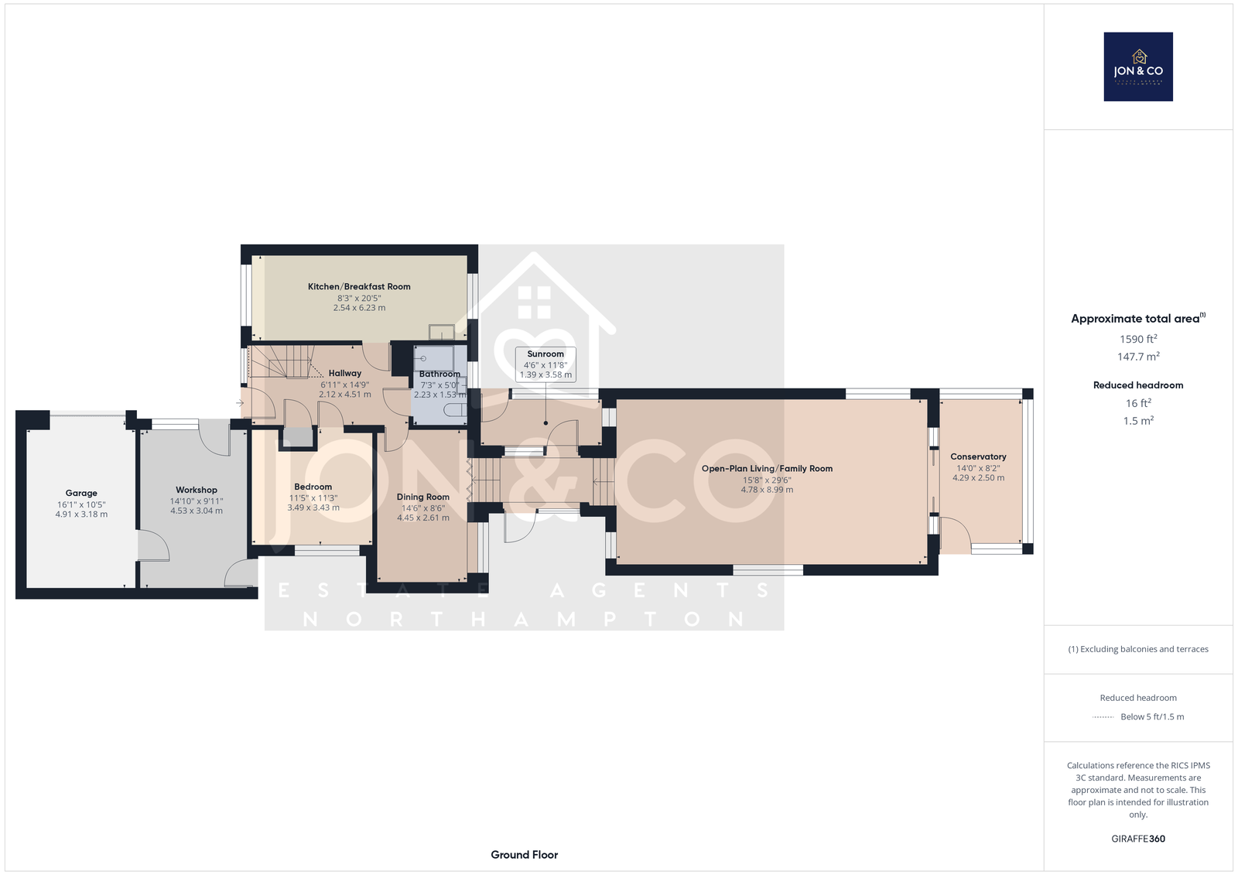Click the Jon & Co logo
tap(1138, 67)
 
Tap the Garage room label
tap(81, 493)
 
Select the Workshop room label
tap(197, 490)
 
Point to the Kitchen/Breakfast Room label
tap(359, 286)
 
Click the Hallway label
tap(345, 373)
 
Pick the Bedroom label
tap(313, 487)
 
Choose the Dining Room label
tap(422, 497)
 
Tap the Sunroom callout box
tap(545, 364)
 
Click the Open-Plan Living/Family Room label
tap(767, 468)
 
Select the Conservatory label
tap(978, 456)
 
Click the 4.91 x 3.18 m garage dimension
tap(81, 514)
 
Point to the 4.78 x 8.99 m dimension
tap(767, 490)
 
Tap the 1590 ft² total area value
tap(1138, 339)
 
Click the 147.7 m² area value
tap(1138, 357)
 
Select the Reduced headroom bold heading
tap(1138, 385)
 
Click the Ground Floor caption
tap(525, 855)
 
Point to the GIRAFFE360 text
tap(1138, 839)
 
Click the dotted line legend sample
tap(1103, 717)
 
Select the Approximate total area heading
tap(1138, 318)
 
